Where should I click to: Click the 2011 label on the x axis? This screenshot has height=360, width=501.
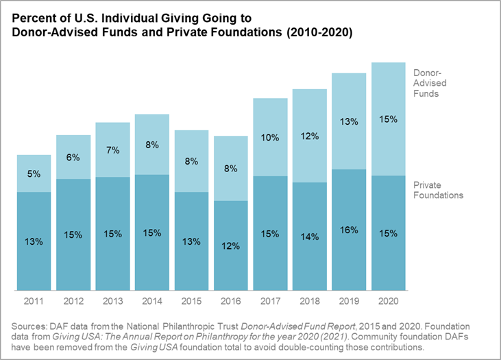pyautogui.click(x=34, y=300)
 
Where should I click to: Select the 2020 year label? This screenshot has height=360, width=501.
pyautogui.click(x=389, y=300)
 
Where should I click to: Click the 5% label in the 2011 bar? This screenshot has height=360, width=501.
pyautogui.click(x=34, y=174)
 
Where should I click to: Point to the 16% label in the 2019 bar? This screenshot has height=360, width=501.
pyautogui.click(x=349, y=230)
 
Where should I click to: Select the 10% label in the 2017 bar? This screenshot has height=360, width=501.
pyautogui.click(x=270, y=137)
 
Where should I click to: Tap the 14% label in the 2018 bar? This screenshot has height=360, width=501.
pyautogui.click(x=310, y=237)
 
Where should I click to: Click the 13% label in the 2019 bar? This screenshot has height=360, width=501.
pyautogui.click(x=349, y=121)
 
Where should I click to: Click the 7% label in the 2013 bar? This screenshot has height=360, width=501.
pyautogui.click(x=112, y=149)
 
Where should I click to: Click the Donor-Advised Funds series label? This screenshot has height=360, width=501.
pyautogui.click(x=430, y=83)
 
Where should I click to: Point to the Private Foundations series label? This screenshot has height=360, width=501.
pyautogui.click(x=438, y=190)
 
